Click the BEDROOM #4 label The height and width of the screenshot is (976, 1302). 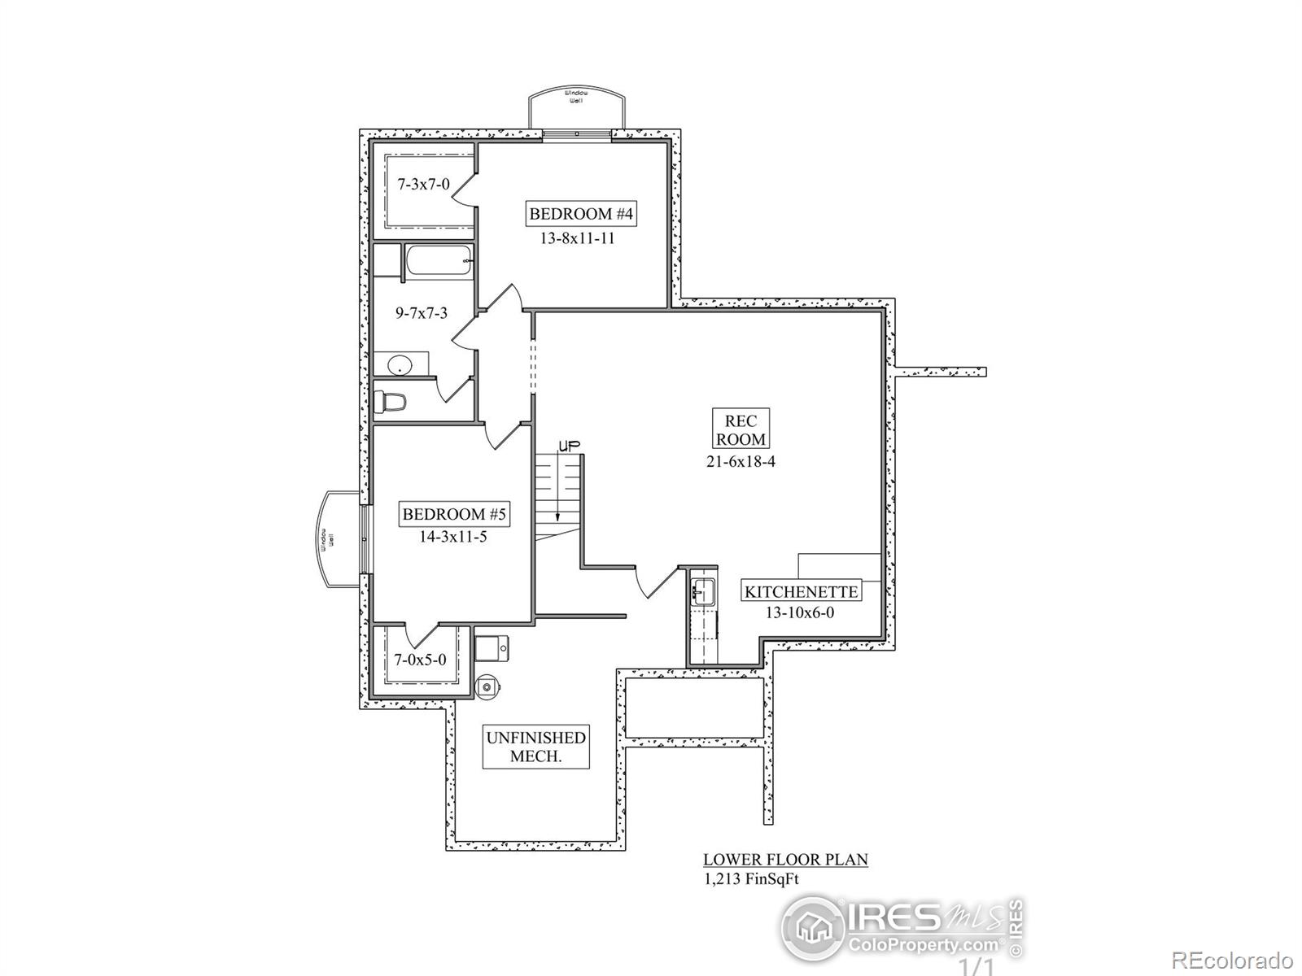[x=581, y=214]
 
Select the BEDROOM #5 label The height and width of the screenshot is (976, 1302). [x=454, y=514]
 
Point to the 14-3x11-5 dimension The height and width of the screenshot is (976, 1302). [x=454, y=536]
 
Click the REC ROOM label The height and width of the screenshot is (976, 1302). [x=741, y=429]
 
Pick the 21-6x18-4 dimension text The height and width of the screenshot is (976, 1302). [x=741, y=461]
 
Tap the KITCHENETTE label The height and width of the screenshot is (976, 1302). [x=801, y=591]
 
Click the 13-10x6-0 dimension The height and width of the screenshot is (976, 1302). [x=800, y=612]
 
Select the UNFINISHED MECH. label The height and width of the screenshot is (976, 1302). [x=535, y=747]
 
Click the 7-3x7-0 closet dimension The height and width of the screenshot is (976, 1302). [x=423, y=185]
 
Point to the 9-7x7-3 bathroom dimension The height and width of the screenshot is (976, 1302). [x=422, y=312]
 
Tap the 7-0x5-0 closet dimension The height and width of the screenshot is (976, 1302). [x=420, y=660]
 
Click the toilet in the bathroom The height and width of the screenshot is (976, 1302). [x=390, y=402]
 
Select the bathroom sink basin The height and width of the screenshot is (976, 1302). [x=400, y=365]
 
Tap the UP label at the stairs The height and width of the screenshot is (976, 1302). [x=568, y=445]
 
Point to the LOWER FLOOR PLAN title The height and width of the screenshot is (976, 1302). [x=785, y=859]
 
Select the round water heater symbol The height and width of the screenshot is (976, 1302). [x=487, y=687]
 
